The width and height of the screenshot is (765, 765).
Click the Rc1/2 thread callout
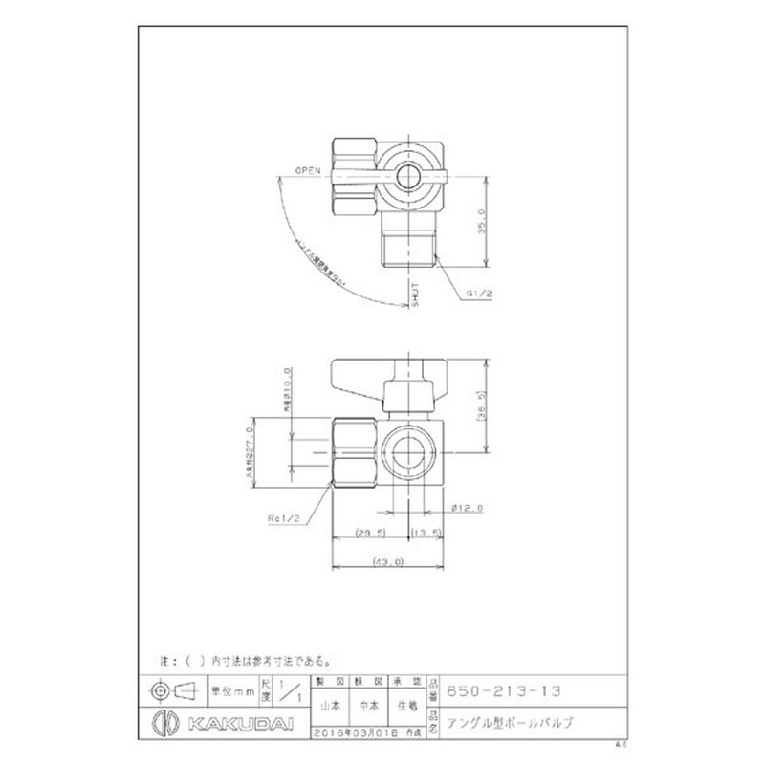tap(284, 518)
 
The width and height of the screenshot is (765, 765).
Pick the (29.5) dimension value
tap(367, 531)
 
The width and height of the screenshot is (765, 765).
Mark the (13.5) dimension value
tap(425, 531)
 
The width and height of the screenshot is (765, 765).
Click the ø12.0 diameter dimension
tap(470, 508)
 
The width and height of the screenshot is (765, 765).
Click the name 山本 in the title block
tap(328, 707)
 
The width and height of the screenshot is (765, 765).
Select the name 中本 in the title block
tap(367, 707)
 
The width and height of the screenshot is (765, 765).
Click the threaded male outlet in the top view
tap(408, 245)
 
